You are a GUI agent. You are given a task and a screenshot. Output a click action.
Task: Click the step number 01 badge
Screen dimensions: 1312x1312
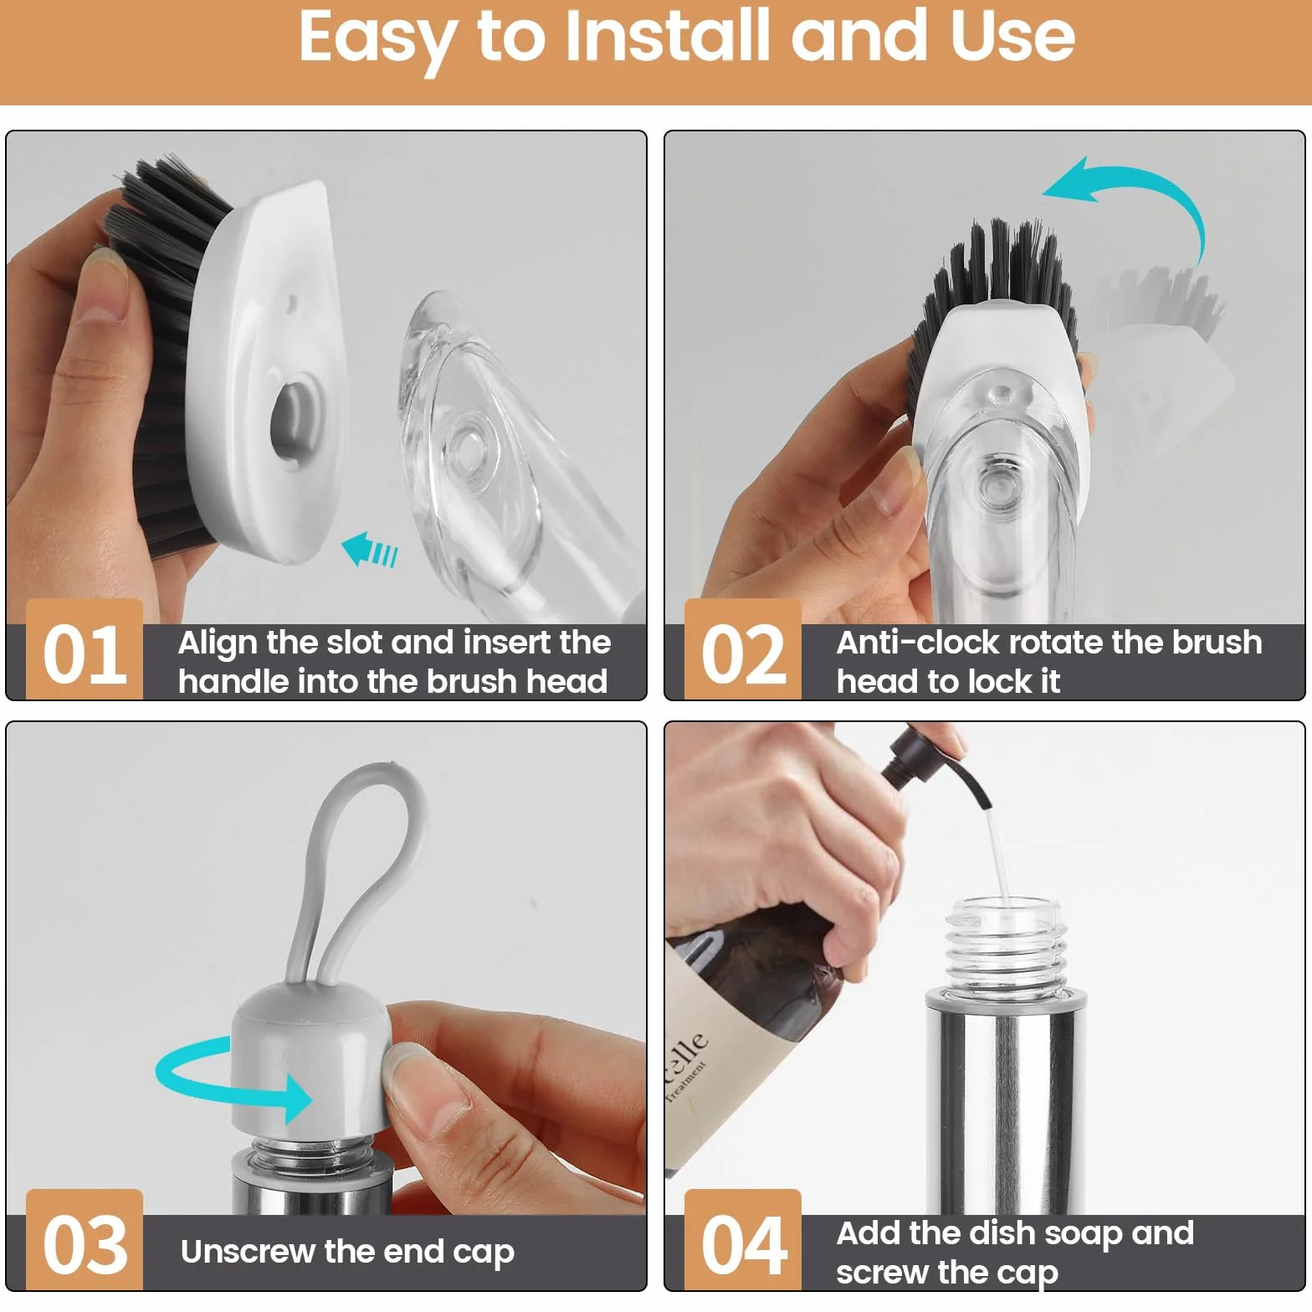point(85,649)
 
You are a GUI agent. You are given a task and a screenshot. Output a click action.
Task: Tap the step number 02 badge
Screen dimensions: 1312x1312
point(743,649)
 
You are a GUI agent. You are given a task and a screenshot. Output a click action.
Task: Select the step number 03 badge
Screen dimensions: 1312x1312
point(85,1240)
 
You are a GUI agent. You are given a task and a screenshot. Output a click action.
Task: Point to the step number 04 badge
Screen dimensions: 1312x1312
point(743,1240)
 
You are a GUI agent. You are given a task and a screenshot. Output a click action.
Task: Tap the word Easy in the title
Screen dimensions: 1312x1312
point(379,40)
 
